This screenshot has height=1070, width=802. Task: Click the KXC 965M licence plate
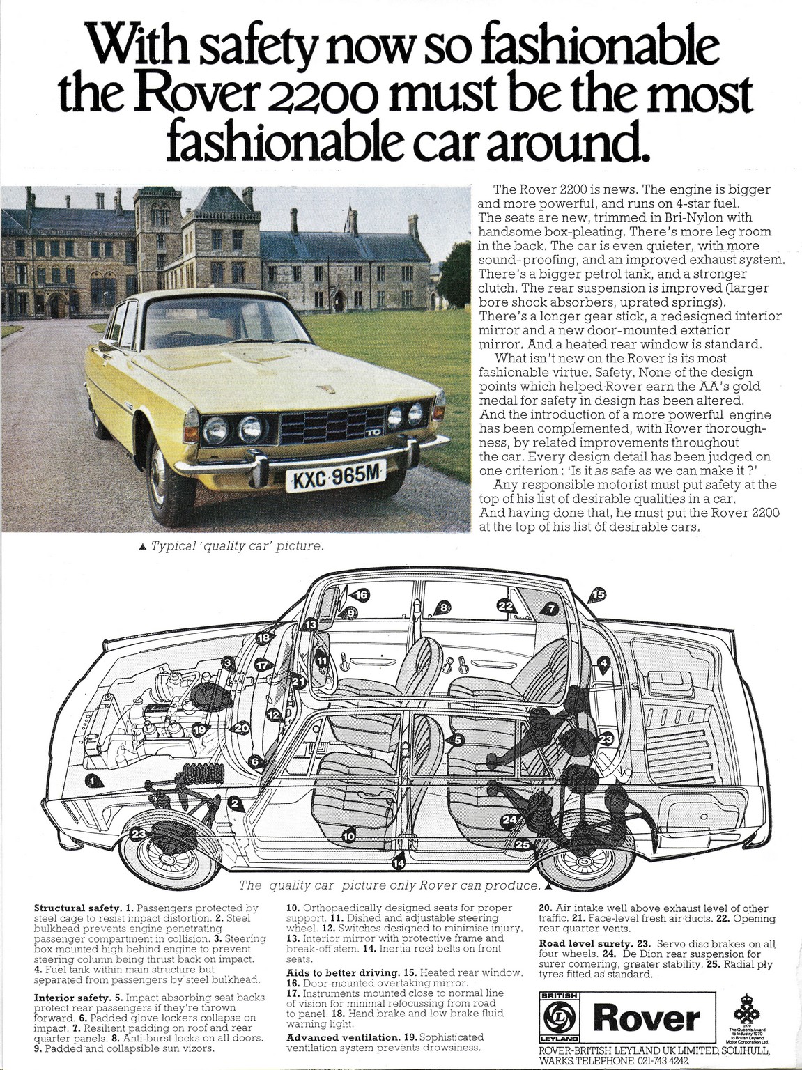coord(335,477)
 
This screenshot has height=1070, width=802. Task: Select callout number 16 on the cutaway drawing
coord(361,595)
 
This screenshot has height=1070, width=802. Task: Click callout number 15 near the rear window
coord(598,594)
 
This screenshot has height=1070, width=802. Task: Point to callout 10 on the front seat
coord(348,835)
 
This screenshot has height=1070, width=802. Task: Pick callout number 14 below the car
coord(398,863)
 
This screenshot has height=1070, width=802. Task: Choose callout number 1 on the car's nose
coord(94,781)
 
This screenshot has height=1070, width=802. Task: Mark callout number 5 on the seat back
coord(458,740)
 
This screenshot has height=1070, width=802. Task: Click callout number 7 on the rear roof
coord(551,609)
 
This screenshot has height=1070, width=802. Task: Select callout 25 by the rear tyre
coord(522,845)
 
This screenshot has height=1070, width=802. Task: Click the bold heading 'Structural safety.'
coord(77,908)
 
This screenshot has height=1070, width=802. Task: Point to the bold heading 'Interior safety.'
coord(72,998)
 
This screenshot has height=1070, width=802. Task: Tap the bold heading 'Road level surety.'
coord(585,944)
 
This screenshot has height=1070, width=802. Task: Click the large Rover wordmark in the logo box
coord(646,1018)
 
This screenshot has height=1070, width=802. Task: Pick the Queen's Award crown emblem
coord(746,1008)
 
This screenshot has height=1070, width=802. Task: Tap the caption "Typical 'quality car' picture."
coord(237,546)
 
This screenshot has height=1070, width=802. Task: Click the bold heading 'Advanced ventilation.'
coord(343,1037)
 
